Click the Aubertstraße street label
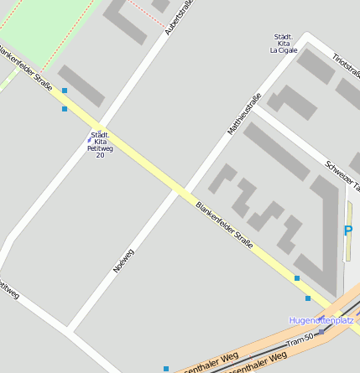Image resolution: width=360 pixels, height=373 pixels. (x=179, y=17)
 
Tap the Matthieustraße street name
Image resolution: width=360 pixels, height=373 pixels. (x=244, y=113)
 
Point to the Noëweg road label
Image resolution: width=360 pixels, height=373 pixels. (x=123, y=260)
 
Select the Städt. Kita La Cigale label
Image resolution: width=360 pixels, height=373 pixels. (x=284, y=44)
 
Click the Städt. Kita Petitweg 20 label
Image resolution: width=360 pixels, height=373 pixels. (x=100, y=144)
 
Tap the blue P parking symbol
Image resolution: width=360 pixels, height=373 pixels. (x=348, y=231)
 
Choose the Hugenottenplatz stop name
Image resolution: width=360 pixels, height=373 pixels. (x=321, y=320)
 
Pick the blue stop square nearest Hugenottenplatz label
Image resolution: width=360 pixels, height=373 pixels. (x=308, y=298)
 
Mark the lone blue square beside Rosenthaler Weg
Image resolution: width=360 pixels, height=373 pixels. (x=166, y=368)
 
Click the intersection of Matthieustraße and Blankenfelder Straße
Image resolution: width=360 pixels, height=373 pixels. (x=179, y=191)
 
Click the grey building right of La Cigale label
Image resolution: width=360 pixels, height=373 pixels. (x=316, y=66)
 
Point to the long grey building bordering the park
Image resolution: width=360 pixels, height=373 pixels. (x=81, y=86)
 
